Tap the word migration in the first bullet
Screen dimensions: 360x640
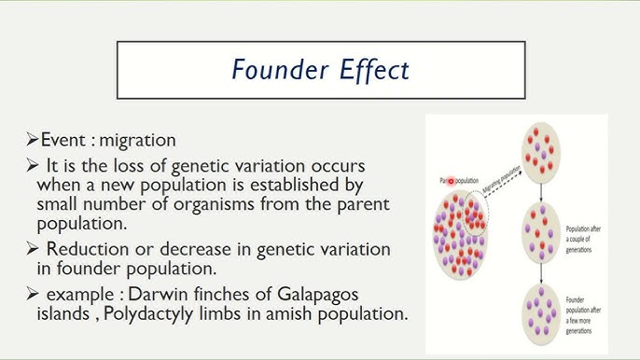pyautogui.click(x=137, y=141)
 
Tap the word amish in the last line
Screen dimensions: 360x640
pyautogui.click(x=298, y=313)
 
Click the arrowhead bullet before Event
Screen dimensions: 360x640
pyautogui.click(x=33, y=141)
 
